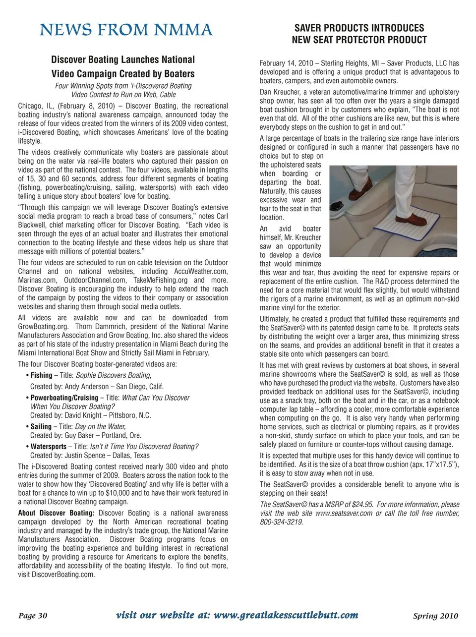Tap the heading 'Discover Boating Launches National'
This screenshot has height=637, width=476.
[123, 60]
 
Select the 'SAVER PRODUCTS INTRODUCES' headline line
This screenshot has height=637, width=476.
[359, 28]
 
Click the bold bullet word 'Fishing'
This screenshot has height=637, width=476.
[41, 376]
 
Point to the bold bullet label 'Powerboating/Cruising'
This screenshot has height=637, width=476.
[64, 398]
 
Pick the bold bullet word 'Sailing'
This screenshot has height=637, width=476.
[41, 427]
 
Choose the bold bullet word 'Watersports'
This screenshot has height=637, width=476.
[49, 447]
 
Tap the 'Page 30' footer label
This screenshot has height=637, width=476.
[33, 616]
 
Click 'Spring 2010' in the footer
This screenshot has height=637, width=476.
[435, 616]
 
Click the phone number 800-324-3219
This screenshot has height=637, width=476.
[281, 522]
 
